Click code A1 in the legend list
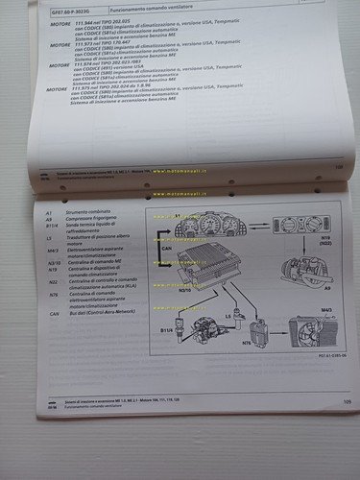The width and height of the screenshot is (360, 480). pyautogui.click(x=50, y=205)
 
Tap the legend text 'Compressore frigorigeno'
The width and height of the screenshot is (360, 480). pyautogui.click(x=96, y=214)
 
